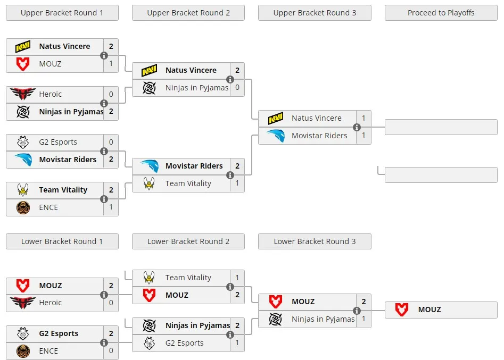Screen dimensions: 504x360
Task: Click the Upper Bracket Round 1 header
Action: pos(62,13)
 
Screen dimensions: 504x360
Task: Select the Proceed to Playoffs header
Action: pos(441,13)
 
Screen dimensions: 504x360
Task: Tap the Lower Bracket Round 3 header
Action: pos(315,241)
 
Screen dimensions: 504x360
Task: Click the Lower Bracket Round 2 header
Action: pos(188,241)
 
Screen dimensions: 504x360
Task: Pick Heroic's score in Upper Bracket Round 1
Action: pos(111,94)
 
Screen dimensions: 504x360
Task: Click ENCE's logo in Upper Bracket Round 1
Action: pos(23,207)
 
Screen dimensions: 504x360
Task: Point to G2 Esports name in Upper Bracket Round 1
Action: pos(58,142)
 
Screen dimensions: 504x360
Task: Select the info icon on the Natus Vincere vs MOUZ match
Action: pos(104,55)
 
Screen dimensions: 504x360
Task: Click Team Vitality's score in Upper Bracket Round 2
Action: pos(237,183)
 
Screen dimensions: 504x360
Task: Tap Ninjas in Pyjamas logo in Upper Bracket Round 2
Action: pos(149,88)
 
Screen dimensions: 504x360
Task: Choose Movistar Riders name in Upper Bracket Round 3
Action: pos(319,136)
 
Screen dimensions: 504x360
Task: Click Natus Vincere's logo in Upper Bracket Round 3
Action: pos(276,118)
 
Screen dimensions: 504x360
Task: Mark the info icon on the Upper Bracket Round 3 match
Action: pos(357,127)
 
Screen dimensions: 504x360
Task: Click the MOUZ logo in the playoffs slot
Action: pos(402,309)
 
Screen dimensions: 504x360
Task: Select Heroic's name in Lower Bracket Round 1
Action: pos(50,303)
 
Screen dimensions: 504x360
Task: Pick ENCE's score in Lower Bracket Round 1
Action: pos(111,350)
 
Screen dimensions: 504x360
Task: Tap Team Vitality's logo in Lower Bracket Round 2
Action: pos(149,278)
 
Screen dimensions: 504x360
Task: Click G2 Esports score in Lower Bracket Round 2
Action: pos(237,342)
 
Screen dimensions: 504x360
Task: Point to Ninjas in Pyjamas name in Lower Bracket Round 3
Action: pos(323,319)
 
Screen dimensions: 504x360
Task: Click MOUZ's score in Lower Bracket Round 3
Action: pos(363,302)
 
